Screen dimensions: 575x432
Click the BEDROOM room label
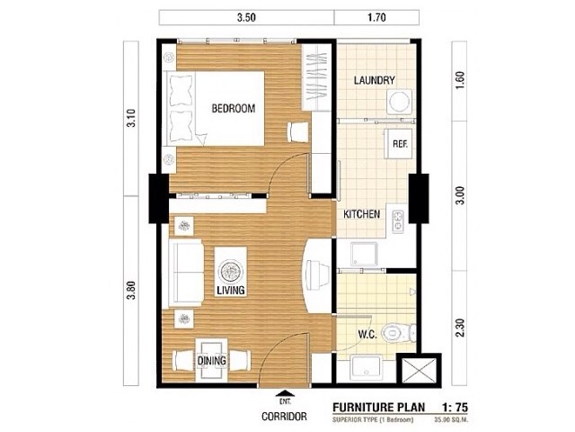[234, 108]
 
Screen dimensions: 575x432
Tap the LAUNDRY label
[375, 80]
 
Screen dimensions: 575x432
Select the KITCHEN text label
[361, 214]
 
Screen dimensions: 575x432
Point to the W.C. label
[367, 335]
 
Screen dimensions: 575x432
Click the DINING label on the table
[212, 361]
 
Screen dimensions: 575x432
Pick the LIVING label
[231, 290]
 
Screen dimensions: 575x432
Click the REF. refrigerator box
[398, 144]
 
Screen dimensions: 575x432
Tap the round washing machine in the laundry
[399, 102]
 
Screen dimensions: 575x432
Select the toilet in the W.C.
[398, 333]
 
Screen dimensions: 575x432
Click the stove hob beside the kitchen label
[398, 221]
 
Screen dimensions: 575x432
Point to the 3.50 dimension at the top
[246, 18]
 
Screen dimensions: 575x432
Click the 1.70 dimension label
[376, 18]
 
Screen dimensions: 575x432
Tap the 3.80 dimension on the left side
[131, 290]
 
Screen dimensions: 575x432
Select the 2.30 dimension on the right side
[461, 328]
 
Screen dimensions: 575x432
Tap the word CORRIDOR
[284, 417]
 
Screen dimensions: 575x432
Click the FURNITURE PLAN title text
[379, 408]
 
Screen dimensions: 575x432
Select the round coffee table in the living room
[231, 271]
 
